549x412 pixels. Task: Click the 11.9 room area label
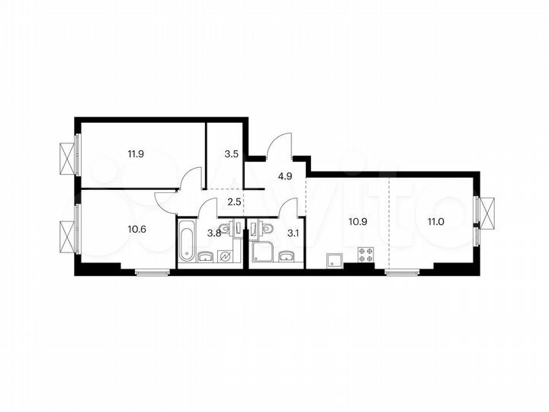136,153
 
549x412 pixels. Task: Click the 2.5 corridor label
234,201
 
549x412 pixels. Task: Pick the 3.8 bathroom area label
215,234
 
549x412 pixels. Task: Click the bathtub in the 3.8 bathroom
188,242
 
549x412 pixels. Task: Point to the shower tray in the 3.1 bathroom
262,253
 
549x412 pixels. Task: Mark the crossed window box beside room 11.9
68,156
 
